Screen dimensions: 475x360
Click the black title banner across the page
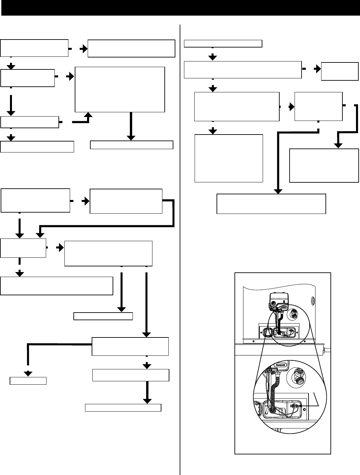180,8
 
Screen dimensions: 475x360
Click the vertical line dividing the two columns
180,249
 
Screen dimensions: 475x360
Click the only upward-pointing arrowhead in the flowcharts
89,115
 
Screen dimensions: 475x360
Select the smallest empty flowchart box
28,381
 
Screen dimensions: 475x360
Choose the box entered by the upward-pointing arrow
120,90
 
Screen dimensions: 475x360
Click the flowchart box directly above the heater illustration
271,204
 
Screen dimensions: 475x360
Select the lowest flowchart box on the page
123,408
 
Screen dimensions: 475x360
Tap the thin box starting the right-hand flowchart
223,44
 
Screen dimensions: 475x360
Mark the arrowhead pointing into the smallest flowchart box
28,373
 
